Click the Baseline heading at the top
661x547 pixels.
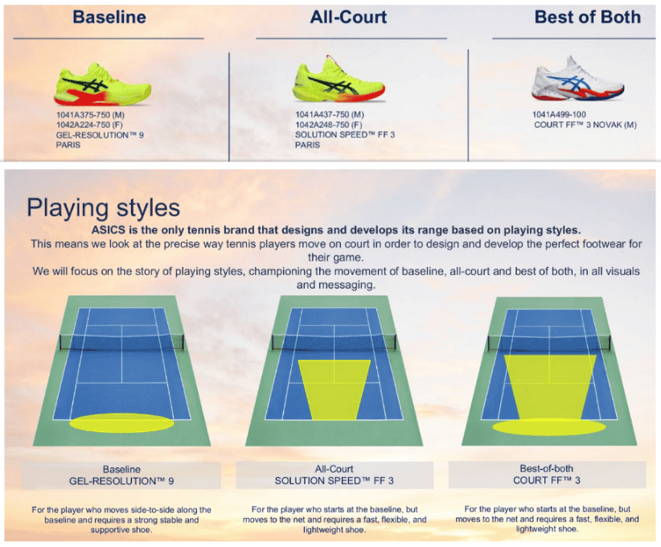pos(109,17)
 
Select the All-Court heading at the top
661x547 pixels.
pos(348,17)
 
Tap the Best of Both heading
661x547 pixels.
pos(587,17)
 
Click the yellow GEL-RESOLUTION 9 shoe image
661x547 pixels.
pos(102,84)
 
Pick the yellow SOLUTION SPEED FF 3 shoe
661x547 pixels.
pos(339,80)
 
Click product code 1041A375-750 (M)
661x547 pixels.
pos(90,115)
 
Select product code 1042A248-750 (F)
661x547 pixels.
pos(328,125)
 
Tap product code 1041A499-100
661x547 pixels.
pos(559,114)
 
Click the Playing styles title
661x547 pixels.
pos(103,208)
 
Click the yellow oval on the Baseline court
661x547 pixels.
pos(121,423)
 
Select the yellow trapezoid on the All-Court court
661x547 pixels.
pos(335,389)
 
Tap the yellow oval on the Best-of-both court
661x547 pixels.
pos(549,427)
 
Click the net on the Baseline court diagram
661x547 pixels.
pos(121,343)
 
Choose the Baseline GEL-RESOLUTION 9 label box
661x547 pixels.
pos(121,475)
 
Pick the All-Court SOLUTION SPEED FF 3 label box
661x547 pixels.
pos(335,475)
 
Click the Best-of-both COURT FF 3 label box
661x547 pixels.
pos(547,475)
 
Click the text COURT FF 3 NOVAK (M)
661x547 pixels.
pos(585,125)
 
